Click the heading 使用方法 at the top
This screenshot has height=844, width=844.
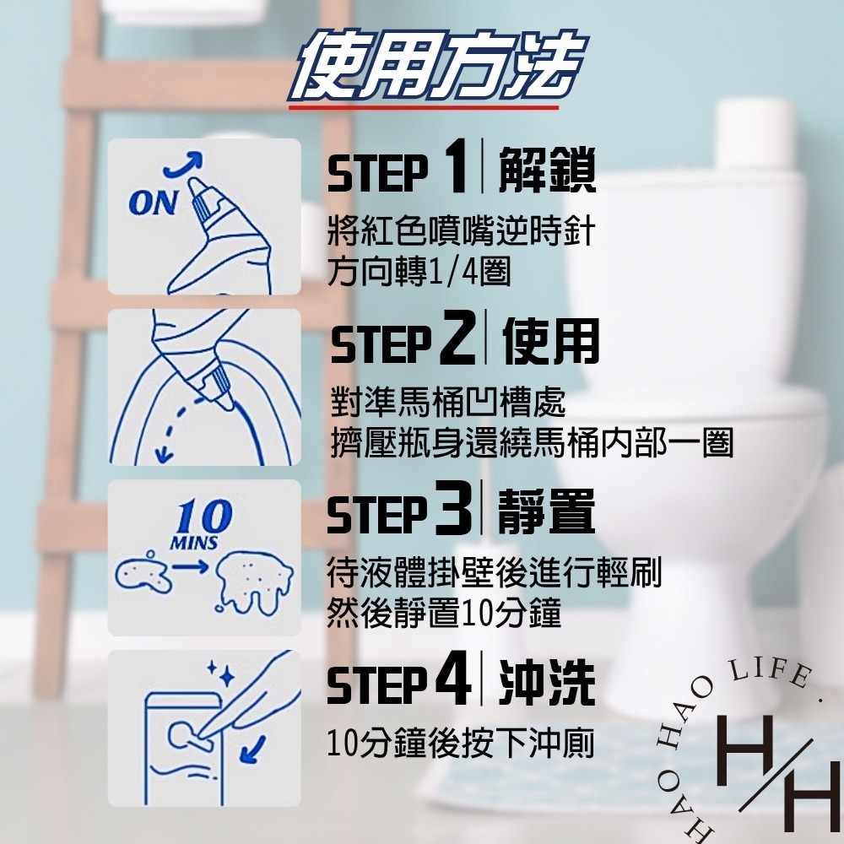tap(437, 66)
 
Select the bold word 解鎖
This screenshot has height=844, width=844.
tap(547, 170)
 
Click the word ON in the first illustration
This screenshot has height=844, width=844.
tap(153, 203)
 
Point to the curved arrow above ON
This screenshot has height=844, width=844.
tap(183, 164)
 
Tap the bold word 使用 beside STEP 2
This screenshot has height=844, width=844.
tap(550, 341)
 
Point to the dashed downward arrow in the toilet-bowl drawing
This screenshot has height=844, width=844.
tap(177, 430)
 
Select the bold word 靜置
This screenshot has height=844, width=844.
tap(546, 511)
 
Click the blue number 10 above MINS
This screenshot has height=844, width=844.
tap(203, 517)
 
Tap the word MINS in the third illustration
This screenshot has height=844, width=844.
tap(194, 543)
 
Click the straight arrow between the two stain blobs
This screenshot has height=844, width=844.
tap(190, 566)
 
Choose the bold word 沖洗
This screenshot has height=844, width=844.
tap(547, 683)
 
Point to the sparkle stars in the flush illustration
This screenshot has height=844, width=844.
tap(221, 674)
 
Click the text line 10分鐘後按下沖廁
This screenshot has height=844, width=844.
tap(461, 743)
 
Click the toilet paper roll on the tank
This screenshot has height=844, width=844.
tap(755, 135)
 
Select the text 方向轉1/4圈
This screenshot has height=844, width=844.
tap(419, 271)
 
